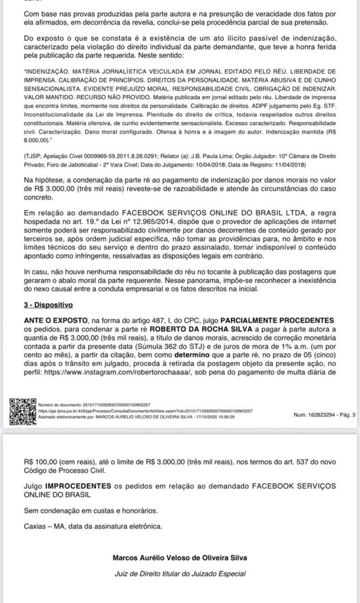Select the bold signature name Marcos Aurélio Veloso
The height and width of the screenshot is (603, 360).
[180, 558]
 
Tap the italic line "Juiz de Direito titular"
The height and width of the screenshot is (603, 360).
[180, 574]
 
